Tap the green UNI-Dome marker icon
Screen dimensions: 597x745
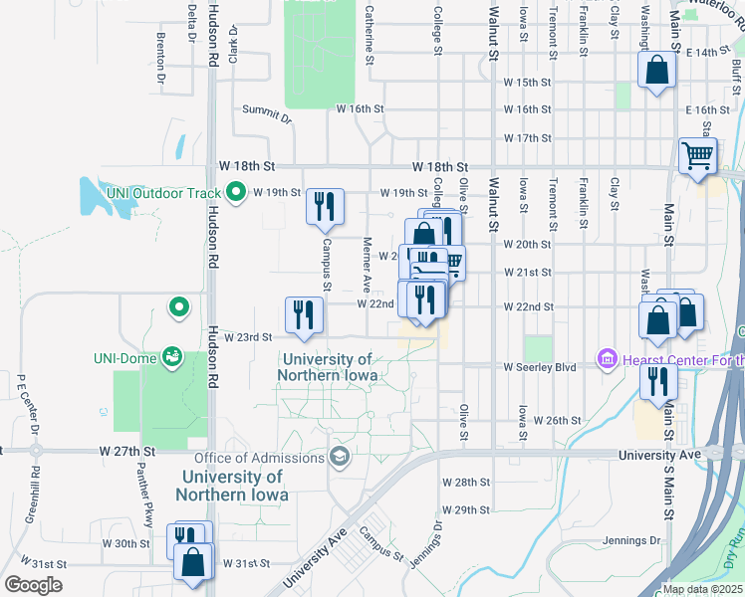[172, 355]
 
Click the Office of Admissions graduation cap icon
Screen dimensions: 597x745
[339, 457]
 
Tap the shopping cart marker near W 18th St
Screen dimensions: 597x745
[697, 155]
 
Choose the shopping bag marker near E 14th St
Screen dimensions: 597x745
[656, 72]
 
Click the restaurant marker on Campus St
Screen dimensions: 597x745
[325, 207]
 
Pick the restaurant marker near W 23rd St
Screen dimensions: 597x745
[304, 314]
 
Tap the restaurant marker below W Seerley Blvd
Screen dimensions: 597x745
[658, 380]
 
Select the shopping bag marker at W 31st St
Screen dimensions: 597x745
[193, 561]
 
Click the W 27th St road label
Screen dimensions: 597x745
[128, 451]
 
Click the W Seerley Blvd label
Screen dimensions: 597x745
[540, 367]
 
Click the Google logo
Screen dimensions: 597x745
[33, 584]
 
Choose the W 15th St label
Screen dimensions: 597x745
[528, 82]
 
